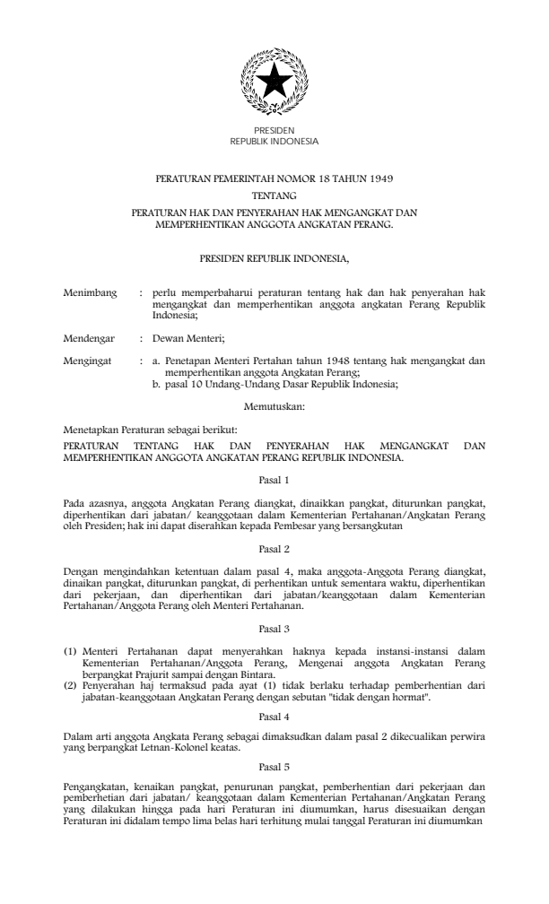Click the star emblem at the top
(x=274, y=83)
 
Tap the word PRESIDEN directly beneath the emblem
(x=274, y=132)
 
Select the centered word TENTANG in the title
(x=274, y=195)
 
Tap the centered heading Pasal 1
(x=274, y=480)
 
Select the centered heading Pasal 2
(x=274, y=546)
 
